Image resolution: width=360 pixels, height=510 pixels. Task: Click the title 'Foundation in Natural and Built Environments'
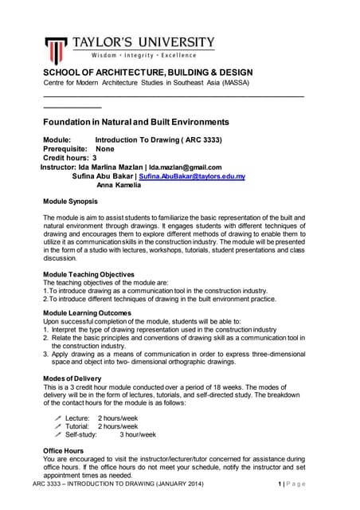click(135, 122)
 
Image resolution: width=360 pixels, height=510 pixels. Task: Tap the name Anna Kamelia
click(119, 185)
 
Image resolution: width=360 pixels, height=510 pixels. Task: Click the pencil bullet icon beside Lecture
click(57, 418)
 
